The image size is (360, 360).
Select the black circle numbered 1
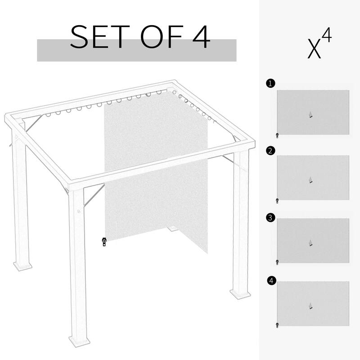[x=270, y=83]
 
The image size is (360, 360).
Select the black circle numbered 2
[x=270, y=151]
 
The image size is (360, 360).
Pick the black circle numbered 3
[x=270, y=218]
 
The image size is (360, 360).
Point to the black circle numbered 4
[x=270, y=281]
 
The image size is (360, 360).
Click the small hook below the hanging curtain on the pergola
[x=104, y=242]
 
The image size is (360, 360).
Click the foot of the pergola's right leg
[x=240, y=294]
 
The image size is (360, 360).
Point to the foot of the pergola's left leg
[x=22, y=265]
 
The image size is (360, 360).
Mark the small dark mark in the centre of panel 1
[x=310, y=115]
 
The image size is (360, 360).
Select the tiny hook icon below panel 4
[x=277, y=324]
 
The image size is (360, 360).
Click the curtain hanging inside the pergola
[x=155, y=171]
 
